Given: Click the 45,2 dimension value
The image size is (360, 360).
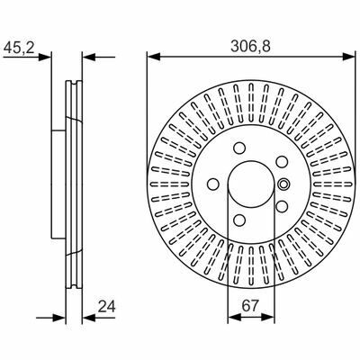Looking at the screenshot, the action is point(19,48).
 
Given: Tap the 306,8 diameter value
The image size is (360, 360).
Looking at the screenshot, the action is point(250,47).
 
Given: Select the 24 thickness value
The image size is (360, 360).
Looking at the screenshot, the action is point(106,306).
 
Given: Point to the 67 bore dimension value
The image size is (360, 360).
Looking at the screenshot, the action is point(250,306).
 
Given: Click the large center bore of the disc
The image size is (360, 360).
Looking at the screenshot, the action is point(251,184).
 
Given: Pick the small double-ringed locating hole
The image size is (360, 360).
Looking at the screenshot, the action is point(283,184).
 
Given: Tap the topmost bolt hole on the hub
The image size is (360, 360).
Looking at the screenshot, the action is point(239,148).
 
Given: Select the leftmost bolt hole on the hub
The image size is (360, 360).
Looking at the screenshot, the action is point(213,184).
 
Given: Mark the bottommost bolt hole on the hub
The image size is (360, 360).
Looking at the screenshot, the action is point(239,220).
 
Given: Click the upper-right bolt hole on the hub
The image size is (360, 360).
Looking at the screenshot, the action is point(282,162).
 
